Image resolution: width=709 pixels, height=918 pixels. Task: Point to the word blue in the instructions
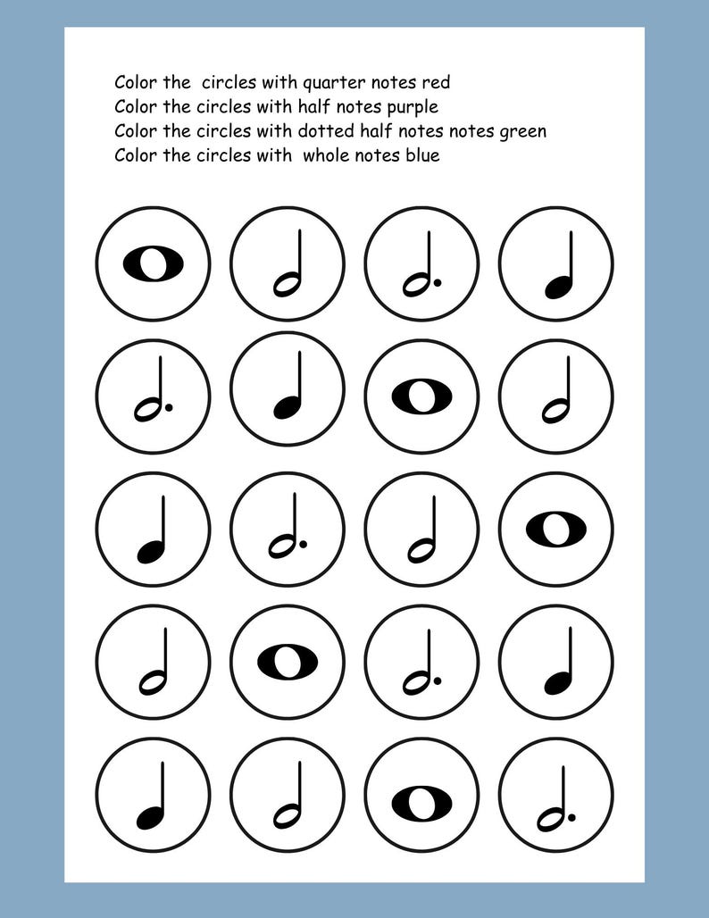tap(421, 155)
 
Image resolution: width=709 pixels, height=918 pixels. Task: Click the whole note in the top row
tap(153, 263)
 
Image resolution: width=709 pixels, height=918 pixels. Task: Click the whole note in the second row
tap(421, 396)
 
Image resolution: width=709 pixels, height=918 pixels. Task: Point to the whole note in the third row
tap(555, 530)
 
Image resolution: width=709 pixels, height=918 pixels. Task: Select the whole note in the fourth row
tap(288, 661)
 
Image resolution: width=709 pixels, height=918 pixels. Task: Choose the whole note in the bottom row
tap(421, 794)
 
